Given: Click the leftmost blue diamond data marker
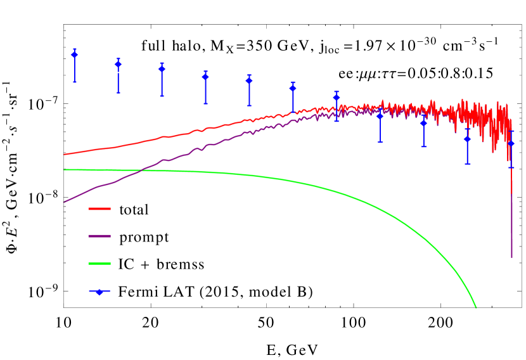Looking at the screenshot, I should [x=75, y=55].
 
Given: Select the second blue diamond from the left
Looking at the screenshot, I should [x=118, y=65].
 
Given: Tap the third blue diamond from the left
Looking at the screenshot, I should [x=162, y=69].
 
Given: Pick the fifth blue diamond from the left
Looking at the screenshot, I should [x=249, y=80].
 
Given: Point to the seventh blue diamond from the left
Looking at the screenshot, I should [x=337, y=98].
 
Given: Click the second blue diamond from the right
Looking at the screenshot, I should [x=468, y=139].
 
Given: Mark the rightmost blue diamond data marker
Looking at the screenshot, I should [x=511, y=144].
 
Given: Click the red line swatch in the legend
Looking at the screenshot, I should [x=99, y=209].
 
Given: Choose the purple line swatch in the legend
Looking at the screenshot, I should [x=99, y=236].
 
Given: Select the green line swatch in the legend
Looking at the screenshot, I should [x=99, y=263].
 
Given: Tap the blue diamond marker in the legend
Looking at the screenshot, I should [x=99, y=292].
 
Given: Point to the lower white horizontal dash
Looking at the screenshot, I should [x=123, y=72].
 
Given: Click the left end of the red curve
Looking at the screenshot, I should [x=64, y=154].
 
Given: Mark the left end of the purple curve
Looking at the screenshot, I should [x=64, y=202].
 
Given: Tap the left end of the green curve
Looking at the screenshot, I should [x=64, y=170].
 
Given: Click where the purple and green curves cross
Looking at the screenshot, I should [x=142, y=170].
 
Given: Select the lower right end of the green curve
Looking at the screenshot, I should [x=476, y=308].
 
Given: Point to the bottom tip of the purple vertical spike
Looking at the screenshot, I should [x=512, y=257].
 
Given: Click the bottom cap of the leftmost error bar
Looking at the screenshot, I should [x=75, y=82].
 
